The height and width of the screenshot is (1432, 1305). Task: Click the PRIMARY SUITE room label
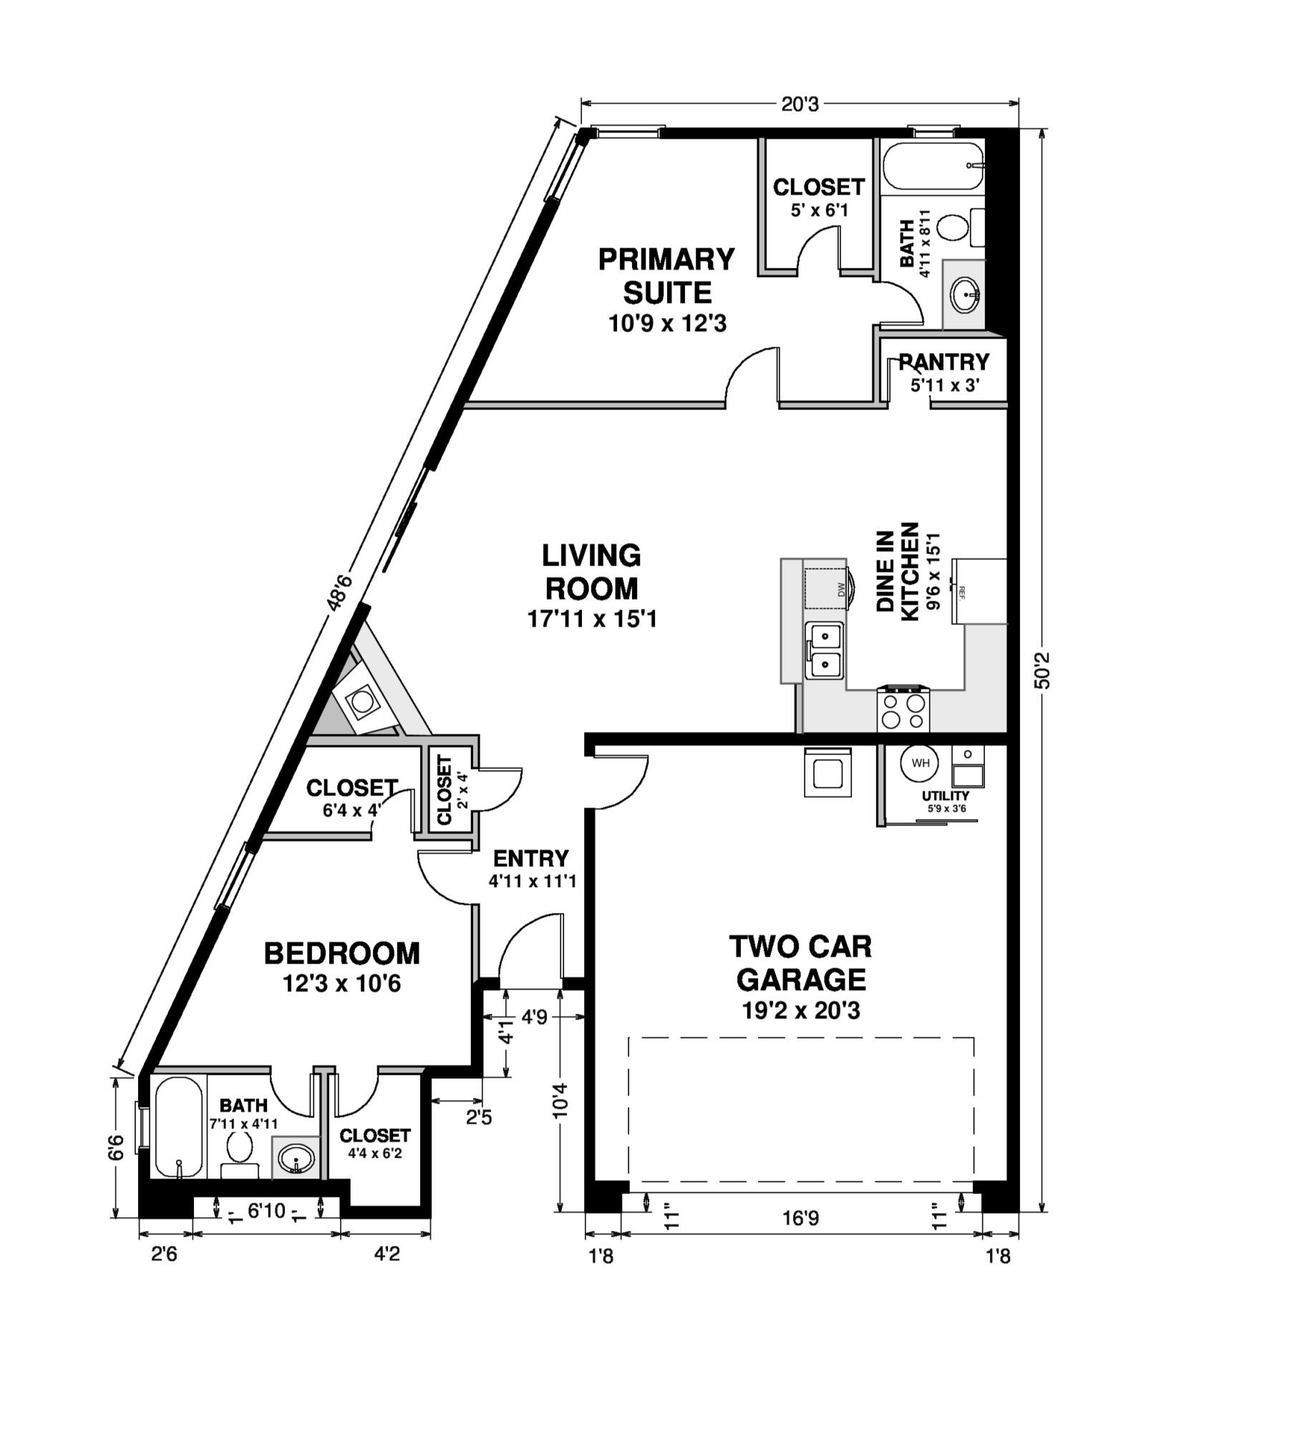coord(666,276)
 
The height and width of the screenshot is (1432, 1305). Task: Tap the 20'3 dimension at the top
coord(799,105)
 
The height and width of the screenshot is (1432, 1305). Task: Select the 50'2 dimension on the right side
coord(1043,669)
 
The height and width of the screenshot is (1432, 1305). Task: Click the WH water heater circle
coord(920,763)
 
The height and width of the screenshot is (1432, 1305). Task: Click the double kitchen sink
coord(825,649)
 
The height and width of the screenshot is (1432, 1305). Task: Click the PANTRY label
coord(943,362)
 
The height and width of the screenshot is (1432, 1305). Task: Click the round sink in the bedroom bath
coord(295,1157)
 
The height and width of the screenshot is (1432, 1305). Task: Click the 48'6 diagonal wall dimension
coord(340,591)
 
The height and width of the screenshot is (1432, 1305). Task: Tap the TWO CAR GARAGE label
coord(800,962)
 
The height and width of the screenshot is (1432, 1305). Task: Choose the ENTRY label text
coord(530,858)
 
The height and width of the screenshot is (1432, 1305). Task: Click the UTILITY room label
coord(945,795)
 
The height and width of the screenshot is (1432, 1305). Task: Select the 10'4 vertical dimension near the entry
coord(560,1099)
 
